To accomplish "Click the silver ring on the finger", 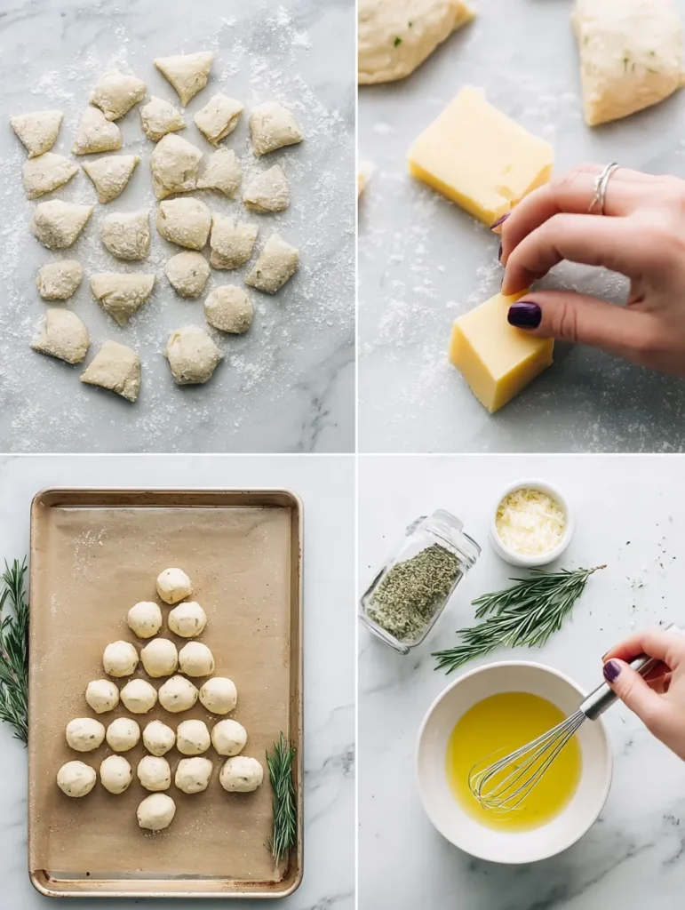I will [603, 187].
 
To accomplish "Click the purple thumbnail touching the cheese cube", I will [524, 315].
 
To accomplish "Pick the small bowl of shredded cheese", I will [531, 523].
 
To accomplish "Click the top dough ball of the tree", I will [174, 585].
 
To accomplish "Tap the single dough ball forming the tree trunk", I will [156, 810].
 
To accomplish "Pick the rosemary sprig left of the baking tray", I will [13, 649].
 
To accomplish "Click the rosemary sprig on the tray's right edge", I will [283, 795].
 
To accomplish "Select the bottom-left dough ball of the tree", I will [76, 778].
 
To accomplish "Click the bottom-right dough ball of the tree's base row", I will [241, 773].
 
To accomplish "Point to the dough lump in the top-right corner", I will [629, 58].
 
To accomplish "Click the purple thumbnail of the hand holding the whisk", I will [612, 670].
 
